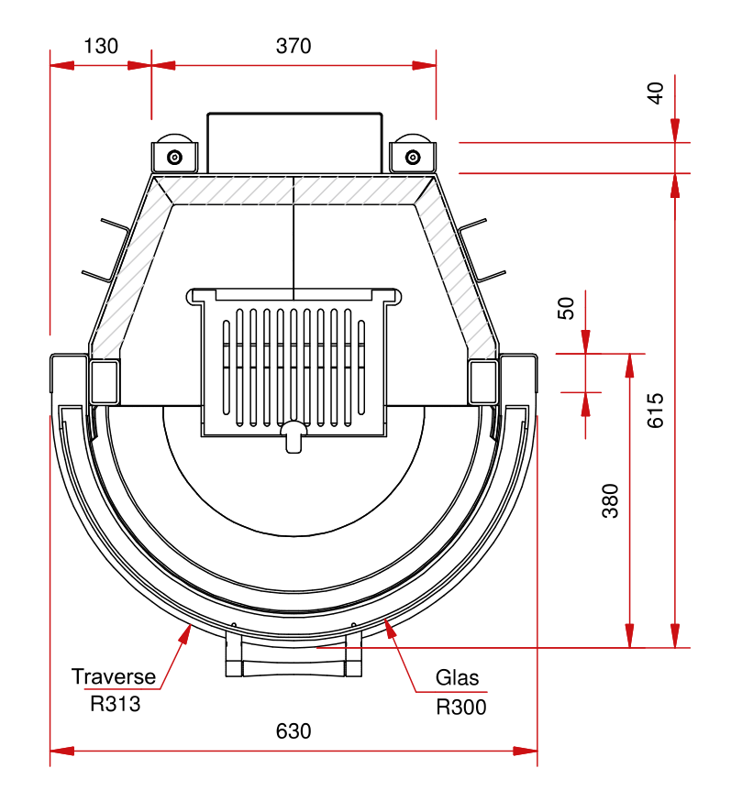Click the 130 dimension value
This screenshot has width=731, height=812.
click(100, 45)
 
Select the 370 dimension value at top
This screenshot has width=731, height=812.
click(294, 45)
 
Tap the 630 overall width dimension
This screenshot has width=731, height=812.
click(294, 731)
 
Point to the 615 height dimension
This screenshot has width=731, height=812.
click(655, 410)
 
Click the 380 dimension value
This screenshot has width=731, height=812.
click(611, 500)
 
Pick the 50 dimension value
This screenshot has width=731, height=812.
click(566, 308)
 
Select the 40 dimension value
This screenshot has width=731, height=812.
click(655, 93)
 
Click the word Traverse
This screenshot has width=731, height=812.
click(114, 677)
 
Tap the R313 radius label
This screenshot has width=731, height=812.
click(116, 705)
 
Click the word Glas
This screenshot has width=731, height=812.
click(457, 678)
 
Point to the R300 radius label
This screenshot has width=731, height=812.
click(460, 707)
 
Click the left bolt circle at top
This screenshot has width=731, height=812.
click(174, 157)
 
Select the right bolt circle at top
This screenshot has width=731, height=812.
click(412, 157)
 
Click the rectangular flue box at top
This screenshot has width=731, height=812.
click(294, 143)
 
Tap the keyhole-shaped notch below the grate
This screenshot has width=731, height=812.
click(294, 436)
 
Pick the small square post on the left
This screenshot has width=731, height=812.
click(105, 381)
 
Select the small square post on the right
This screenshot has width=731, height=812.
click(483, 381)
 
